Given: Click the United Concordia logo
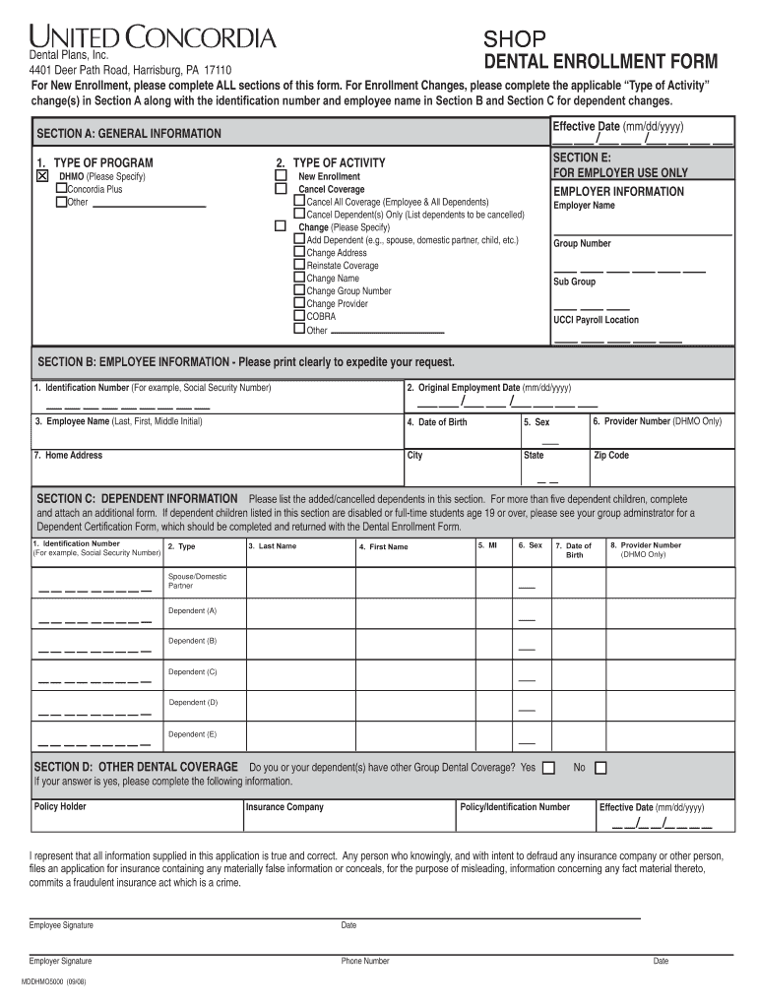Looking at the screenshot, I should tap(152, 38).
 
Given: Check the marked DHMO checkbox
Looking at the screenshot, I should tap(42, 176).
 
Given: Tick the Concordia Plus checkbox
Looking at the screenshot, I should tap(61, 189).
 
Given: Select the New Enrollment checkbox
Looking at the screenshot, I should tap(280, 176).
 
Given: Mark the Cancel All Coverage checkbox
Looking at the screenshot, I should tap(299, 201).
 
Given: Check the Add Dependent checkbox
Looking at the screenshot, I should tap(299, 239).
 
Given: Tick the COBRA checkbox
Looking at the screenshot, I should tap(299, 316).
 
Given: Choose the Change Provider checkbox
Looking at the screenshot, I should tap(299, 303).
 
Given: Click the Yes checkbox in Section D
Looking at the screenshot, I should tap(548, 768).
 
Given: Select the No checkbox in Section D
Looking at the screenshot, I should tap(600, 768).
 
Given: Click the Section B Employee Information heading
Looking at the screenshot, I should tap(246, 362).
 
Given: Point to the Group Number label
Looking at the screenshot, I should tap(582, 243).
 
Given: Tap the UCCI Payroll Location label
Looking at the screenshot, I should tap(596, 320).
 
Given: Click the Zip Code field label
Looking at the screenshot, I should tap(610, 456).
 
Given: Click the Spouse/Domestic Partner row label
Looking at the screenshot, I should tap(196, 581).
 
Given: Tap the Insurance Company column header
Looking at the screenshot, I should tap(284, 807).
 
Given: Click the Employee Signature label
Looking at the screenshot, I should tap(61, 925).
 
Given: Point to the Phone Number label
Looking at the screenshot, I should tap(365, 961).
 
